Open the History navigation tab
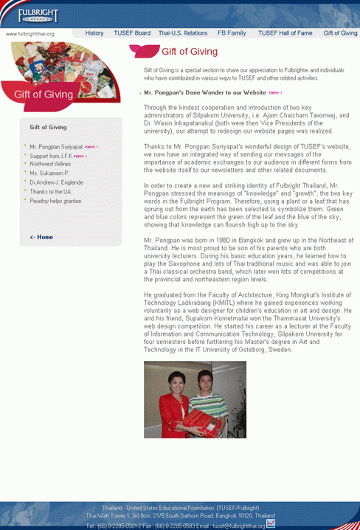[94, 33]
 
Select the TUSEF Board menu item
[132, 33]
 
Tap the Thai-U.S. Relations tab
[183, 33]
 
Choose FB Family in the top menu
[232, 33]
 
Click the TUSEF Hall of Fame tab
[285, 33]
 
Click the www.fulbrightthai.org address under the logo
[30, 34]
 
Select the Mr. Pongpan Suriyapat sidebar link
[56, 146]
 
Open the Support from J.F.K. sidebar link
[51, 156]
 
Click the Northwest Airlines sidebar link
[51, 165]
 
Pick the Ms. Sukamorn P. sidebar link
[49, 173]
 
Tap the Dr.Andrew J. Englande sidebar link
[56, 182]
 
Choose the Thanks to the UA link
[50, 191]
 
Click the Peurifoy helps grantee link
[55, 201]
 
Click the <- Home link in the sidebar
[41, 237]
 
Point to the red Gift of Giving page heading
[190, 52]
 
